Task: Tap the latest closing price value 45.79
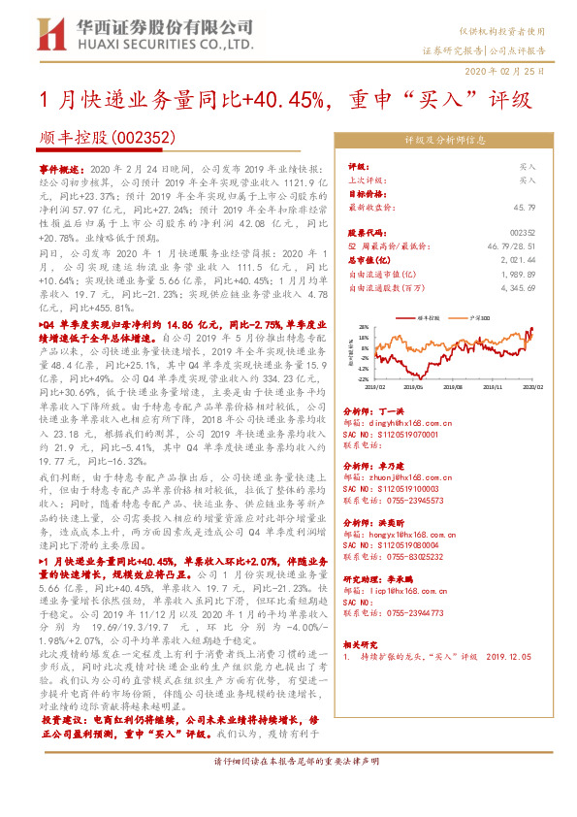(x=527, y=207)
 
